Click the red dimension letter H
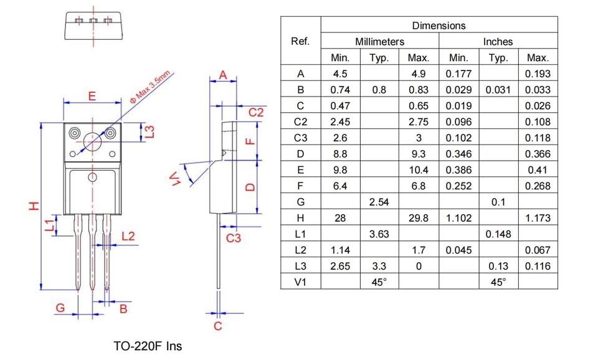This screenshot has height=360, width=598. [x=34, y=206]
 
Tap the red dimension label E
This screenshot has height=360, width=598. [x=92, y=96]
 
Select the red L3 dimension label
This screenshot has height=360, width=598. [x=150, y=132]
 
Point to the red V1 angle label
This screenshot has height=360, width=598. [x=176, y=179]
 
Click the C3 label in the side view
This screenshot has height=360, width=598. [x=234, y=239]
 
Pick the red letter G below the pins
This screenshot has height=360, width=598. [x=60, y=308]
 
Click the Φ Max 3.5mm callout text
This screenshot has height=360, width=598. [x=150, y=87]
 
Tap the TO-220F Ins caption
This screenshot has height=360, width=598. [x=148, y=346]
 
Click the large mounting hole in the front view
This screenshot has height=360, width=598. [x=92, y=141]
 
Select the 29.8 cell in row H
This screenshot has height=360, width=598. [x=419, y=218]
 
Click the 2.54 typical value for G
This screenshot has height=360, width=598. [x=379, y=202]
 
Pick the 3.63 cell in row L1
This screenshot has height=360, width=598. [x=379, y=234]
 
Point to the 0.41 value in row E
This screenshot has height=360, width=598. [x=538, y=169]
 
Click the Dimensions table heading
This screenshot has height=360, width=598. [x=439, y=26]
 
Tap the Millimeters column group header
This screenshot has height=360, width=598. [x=379, y=42]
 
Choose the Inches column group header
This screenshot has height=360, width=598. [x=498, y=42]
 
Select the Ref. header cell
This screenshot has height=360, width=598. [x=300, y=41]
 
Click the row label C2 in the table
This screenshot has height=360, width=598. [x=300, y=121]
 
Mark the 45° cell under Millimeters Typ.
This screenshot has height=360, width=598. [x=379, y=282]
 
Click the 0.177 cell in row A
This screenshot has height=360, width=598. [x=458, y=73]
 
